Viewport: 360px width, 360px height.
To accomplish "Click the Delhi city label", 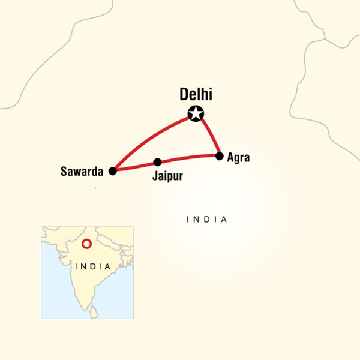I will pos(196,95).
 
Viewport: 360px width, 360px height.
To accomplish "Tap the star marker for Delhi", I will pos(196,113).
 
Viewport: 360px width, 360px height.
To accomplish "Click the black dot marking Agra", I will pos(220,156).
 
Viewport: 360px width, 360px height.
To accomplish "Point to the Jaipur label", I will pos(167,177).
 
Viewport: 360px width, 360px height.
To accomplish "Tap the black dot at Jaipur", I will pos(157,162).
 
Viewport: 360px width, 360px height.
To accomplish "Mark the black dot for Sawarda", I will pos(112,171).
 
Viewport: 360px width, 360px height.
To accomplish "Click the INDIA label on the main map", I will pos(207,220).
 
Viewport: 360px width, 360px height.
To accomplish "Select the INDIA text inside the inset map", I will pos(92,266).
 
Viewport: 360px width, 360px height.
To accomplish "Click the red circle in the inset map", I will pos(86,244).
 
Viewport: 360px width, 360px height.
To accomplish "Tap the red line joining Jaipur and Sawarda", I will pos(135,166).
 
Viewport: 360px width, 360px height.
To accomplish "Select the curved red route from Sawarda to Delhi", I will pos(147,138).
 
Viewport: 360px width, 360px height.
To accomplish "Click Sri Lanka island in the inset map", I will pos(93,312).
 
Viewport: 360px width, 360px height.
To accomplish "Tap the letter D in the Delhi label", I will pos(184,95).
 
